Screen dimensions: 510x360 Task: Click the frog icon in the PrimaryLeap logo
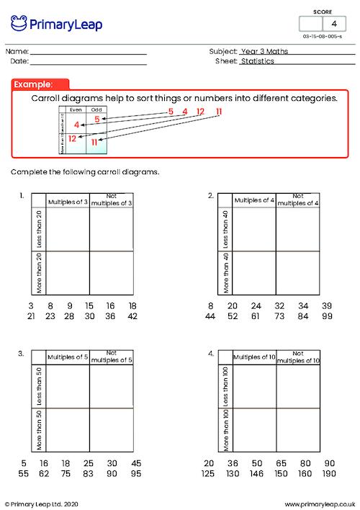click(x=19, y=24)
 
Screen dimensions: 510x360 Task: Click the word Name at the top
click(x=18, y=52)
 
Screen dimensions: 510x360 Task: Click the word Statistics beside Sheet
click(x=257, y=62)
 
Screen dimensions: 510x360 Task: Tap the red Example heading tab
click(x=41, y=84)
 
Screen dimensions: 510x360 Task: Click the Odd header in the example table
click(x=96, y=109)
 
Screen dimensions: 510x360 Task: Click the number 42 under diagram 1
click(x=132, y=317)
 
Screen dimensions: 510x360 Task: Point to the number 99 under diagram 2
click(x=327, y=317)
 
